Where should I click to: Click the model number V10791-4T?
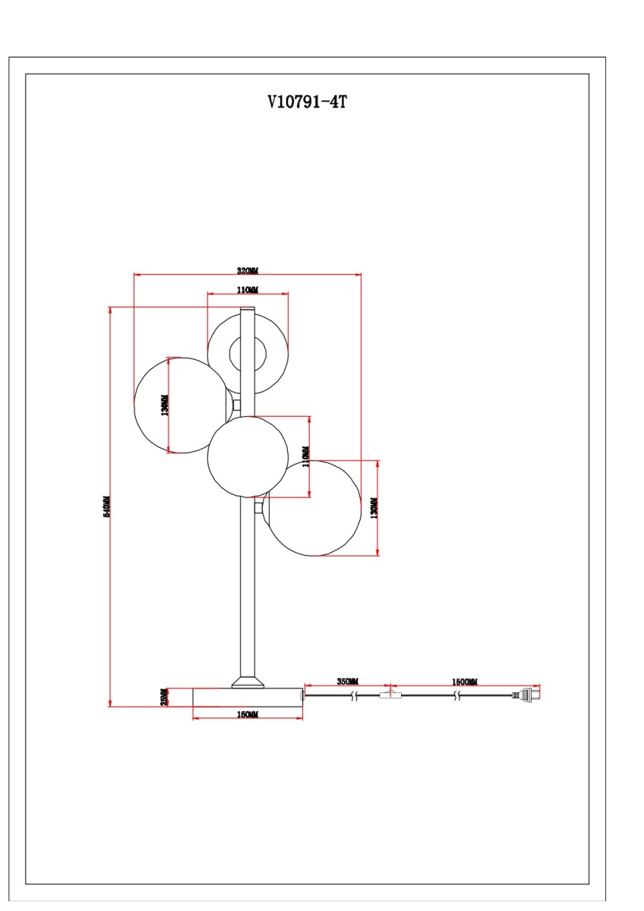pos(307,102)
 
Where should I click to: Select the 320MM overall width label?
pos(248,270)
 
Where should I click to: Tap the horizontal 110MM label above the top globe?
pos(248,290)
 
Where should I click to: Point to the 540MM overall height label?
pos(107,506)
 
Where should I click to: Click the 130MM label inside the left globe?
pos(166,405)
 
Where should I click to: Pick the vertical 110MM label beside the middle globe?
pos(306,457)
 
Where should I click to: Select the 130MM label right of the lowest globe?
pos(373,508)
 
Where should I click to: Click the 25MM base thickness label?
pos(163,698)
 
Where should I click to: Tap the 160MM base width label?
pos(248,715)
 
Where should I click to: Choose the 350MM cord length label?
pos(348,682)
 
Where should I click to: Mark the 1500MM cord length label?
pos(465,682)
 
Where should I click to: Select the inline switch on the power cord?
pos(390,694)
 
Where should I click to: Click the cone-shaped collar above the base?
pos(248,682)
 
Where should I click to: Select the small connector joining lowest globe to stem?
pos(260,506)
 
